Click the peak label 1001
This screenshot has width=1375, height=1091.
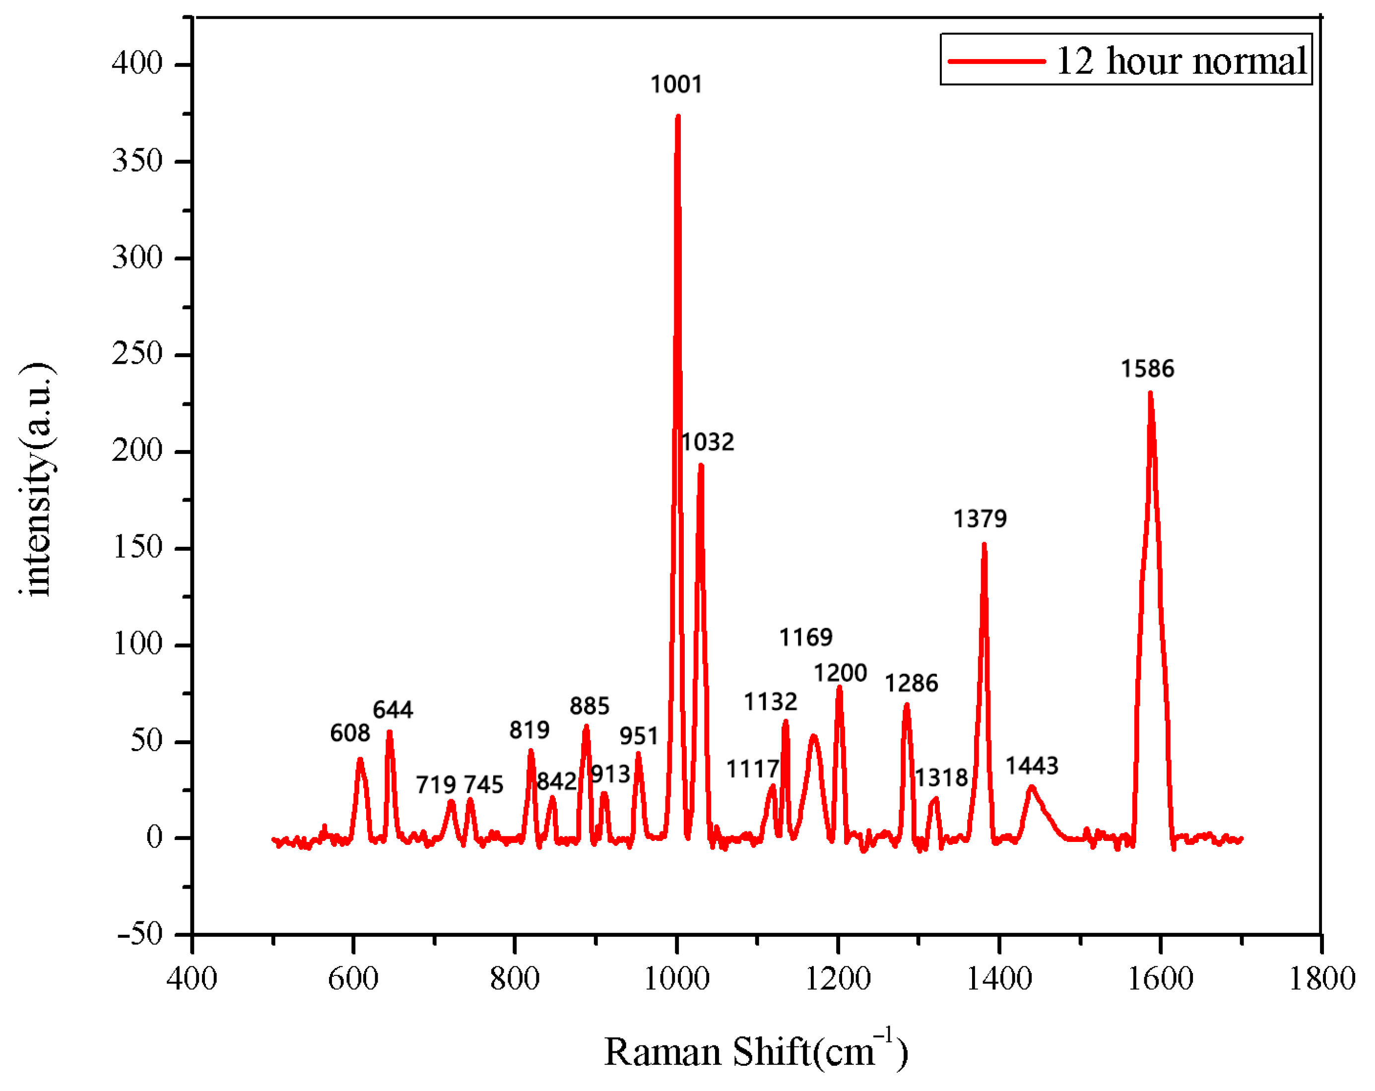coord(676,84)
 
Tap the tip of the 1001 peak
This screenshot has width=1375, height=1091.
coord(677,116)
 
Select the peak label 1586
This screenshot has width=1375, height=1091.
coord(1147,369)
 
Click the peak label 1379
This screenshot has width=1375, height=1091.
coord(980,518)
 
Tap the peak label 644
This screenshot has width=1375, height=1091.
coord(393,709)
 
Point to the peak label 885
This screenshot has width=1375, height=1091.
coord(589,706)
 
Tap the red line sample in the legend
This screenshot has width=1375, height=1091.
coord(996,61)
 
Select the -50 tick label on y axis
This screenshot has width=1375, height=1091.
coord(139,934)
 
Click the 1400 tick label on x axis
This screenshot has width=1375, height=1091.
coord(999,979)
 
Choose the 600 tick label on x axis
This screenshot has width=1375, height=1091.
coord(353,979)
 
